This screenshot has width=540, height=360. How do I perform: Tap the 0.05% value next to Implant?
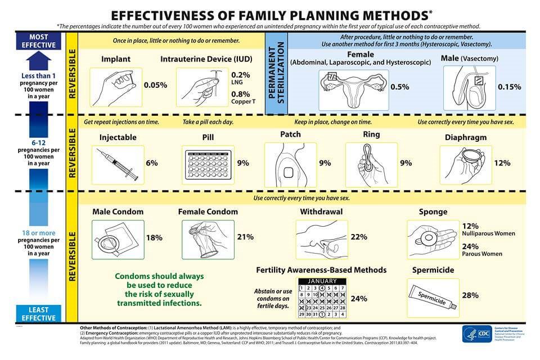point(155,85)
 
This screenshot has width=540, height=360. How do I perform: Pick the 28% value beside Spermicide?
point(470,295)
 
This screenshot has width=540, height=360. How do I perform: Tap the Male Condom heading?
point(118,212)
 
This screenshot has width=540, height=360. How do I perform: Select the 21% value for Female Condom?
point(245,237)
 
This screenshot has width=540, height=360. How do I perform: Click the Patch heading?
point(290,135)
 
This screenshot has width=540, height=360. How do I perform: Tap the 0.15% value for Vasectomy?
point(509,87)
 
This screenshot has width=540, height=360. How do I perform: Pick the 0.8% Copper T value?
point(241,94)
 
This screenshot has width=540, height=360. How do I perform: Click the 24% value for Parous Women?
point(470,246)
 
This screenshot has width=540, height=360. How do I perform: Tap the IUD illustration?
point(199,87)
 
